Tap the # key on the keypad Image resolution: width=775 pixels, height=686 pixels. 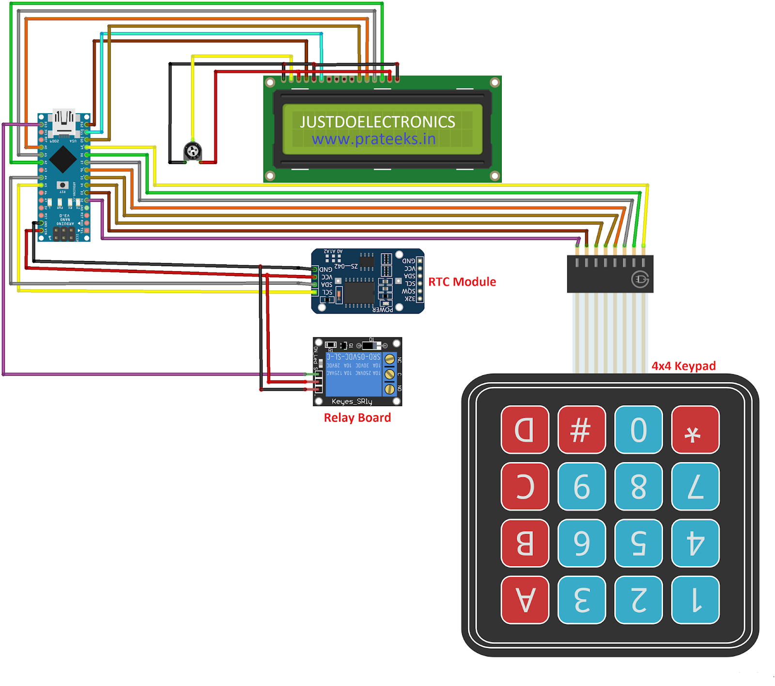581,429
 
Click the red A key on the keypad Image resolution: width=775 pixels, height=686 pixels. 525,600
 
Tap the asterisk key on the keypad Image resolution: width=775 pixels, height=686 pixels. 695,429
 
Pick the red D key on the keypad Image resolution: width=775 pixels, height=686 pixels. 525,429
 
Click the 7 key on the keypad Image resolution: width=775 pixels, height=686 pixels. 695,486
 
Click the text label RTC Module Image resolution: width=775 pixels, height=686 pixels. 462,282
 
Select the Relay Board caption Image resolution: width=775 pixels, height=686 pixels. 357,418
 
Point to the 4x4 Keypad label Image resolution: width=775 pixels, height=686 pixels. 683,366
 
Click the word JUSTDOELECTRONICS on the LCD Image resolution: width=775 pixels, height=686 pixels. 377,122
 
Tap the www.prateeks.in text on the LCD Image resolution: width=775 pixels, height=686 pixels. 373,139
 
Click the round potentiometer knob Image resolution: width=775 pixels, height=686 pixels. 193,151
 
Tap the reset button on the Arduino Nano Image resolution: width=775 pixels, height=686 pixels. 62,185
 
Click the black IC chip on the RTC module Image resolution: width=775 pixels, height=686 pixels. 359,292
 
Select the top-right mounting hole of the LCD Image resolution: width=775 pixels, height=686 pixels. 495,82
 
